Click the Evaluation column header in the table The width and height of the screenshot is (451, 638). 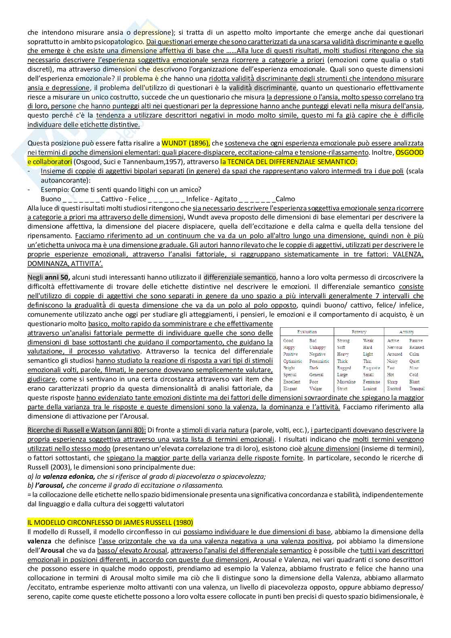point(307,332)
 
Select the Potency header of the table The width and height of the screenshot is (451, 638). point(359,332)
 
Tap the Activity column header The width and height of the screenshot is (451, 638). point(406,332)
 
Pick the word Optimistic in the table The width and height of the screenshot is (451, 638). point(293,361)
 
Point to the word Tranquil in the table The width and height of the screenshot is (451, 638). point(417,389)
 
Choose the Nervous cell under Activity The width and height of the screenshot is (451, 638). point(394,347)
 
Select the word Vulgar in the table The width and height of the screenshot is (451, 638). point(316,389)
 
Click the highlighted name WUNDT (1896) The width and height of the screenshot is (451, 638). point(185,143)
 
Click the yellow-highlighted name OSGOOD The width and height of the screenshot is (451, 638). point(409,152)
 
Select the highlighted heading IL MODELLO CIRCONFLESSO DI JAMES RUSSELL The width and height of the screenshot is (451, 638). point(110,522)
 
